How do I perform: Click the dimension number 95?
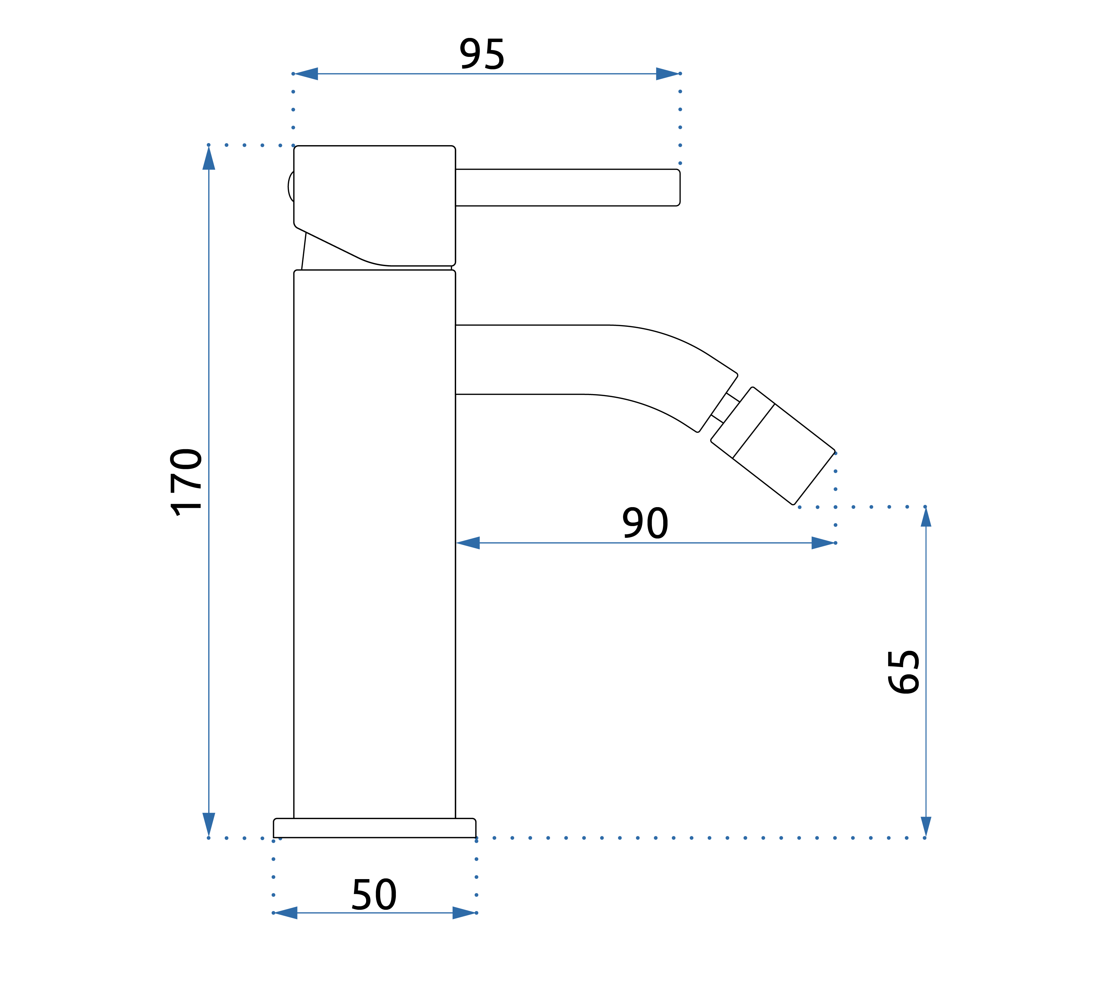[482, 54]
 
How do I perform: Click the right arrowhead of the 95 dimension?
[667, 74]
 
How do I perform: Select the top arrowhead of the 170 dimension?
[209, 158]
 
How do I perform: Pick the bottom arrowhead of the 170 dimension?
[209, 824]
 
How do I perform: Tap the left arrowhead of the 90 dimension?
[469, 543]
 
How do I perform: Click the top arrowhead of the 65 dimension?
[926, 517]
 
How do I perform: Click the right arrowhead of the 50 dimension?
[464, 913]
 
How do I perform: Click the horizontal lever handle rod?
[567, 188]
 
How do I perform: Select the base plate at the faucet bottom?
[374, 828]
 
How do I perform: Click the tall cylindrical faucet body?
[374, 542]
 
